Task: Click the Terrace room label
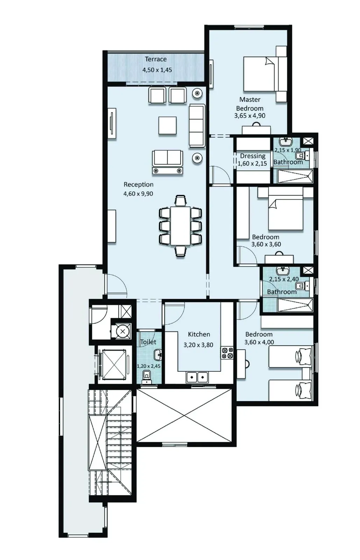tap(156, 59)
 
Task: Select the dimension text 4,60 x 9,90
tap(138, 194)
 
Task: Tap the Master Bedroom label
tap(250, 104)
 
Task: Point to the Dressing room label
tap(253, 156)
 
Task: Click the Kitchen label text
tap(199, 334)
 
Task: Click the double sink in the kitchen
tap(197, 377)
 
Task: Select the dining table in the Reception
tap(181, 226)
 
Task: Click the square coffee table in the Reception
tap(167, 125)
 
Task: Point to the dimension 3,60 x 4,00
tap(259, 342)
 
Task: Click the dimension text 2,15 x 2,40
tap(284, 279)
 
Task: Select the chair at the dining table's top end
tap(181, 201)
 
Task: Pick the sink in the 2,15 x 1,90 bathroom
tap(286, 141)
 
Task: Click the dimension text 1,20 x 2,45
tap(148, 366)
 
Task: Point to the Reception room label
tap(139, 184)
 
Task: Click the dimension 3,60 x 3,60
tap(266, 244)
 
